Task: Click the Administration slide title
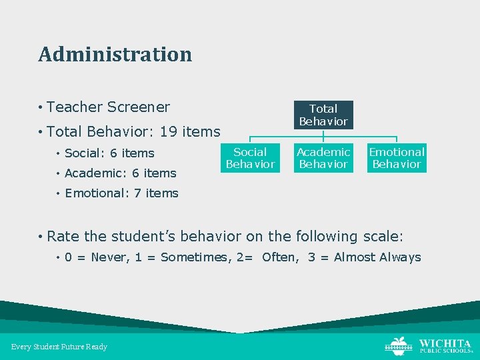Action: (115, 54)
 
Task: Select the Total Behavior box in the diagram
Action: (323, 115)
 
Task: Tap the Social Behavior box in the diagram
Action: (250, 158)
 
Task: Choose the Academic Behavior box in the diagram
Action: (323, 158)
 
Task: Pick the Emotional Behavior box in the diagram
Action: (397, 158)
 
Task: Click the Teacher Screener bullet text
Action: (108, 107)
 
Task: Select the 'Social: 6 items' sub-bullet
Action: (109, 153)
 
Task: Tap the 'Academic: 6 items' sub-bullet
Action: (120, 173)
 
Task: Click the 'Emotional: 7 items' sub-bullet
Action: (121, 193)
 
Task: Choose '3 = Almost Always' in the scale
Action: (364, 257)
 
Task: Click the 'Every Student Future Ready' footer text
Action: (59, 347)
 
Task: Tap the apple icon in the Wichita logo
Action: (399, 345)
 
